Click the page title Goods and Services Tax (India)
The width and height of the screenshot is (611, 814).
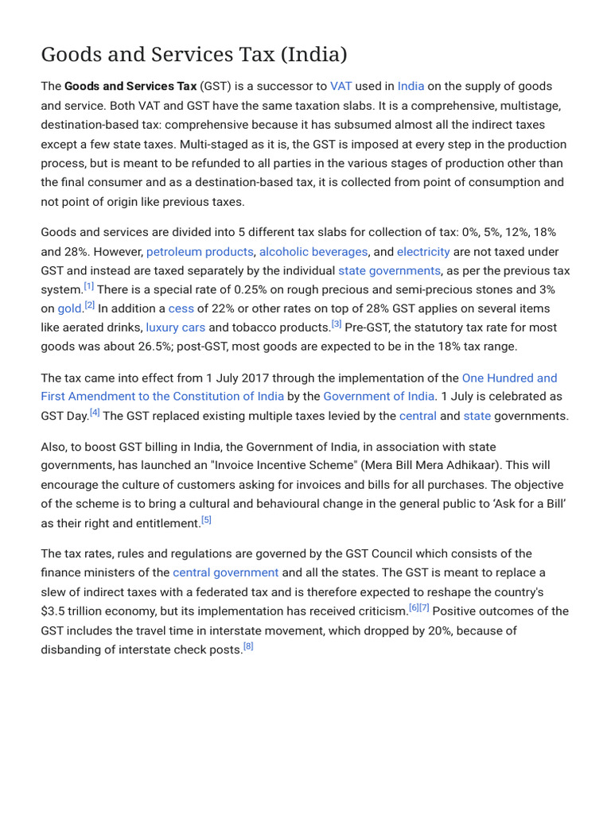pos(194,55)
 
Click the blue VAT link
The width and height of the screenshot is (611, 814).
pos(341,86)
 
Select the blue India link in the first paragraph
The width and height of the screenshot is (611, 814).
pos(411,86)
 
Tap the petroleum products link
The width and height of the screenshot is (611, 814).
pos(200,251)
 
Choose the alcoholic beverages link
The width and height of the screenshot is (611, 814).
pos(313,251)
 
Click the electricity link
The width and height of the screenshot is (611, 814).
pos(423,251)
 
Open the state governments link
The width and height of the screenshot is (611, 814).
pos(389,270)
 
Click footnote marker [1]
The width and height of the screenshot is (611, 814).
pos(88,286)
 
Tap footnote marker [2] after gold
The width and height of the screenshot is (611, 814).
pos(89,305)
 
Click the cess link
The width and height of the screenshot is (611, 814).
pos(181,308)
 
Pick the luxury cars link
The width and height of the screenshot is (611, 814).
pos(176,328)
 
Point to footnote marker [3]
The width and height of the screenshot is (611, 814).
pos(337,324)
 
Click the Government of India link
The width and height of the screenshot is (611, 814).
pos(379,396)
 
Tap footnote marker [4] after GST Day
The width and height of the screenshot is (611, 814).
pos(95,412)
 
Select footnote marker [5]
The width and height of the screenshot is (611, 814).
pos(206,520)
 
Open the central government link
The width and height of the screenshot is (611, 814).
pos(226,572)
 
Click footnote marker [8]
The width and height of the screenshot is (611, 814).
pos(248,646)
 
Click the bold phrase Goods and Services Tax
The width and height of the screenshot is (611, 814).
pos(130,86)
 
